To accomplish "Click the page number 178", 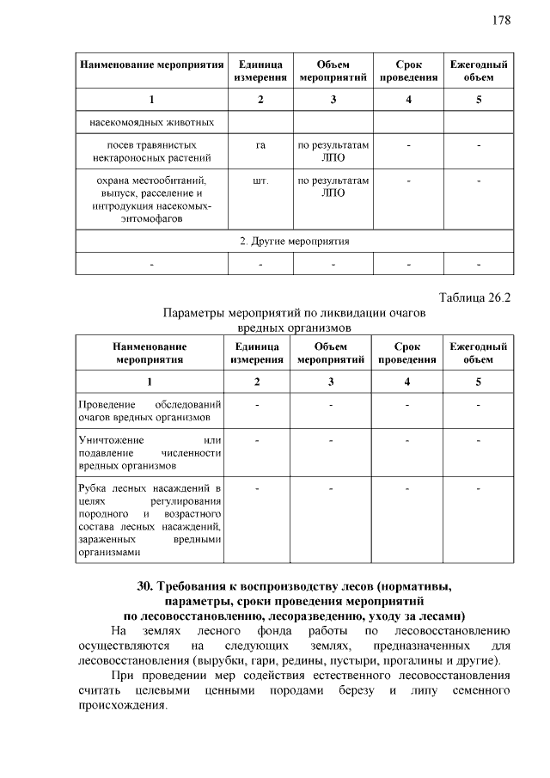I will click(x=502, y=21).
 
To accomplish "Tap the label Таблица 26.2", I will click(x=474, y=298).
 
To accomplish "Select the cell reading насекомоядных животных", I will click(x=151, y=121).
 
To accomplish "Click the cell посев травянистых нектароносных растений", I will click(x=151, y=151).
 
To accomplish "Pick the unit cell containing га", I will click(x=260, y=145).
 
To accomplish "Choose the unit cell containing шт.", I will click(x=260, y=181).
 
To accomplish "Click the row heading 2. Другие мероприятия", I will click(x=294, y=241).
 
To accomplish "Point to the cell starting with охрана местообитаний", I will click(x=151, y=199).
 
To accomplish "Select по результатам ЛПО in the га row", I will click(x=333, y=151).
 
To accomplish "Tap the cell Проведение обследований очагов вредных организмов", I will click(x=150, y=411).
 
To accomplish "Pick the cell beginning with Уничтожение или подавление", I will click(x=150, y=453).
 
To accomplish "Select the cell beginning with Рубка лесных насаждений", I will click(x=150, y=521).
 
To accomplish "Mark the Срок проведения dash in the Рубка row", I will click(x=408, y=489).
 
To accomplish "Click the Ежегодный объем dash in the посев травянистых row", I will click(x=478, y=145).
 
